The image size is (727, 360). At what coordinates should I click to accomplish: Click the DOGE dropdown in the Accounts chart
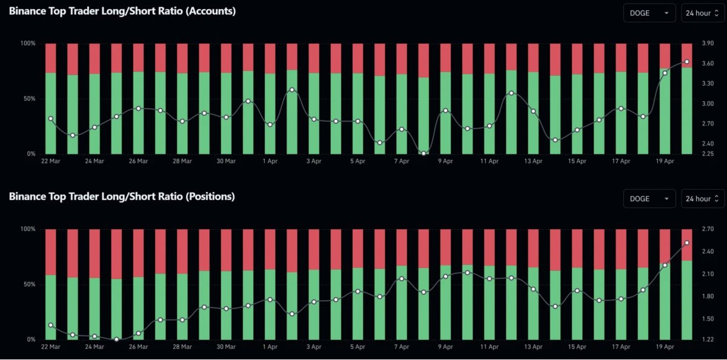pyautogui.click(x=649, y=13)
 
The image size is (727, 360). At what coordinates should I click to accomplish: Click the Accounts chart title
pyautogui.click(x=122, y=11)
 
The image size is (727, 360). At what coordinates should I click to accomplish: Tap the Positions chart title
pyautogui.click(x=121, y=196)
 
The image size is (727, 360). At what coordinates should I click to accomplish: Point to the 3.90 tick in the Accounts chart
pyautogui.click(x=706, y=44)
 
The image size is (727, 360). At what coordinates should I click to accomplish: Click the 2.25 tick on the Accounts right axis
pyautogui.click(x=706, y=154)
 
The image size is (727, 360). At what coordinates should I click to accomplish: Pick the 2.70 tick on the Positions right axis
pyautogui.click(x=706, y=229)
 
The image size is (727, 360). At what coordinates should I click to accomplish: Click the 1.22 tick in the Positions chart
pyautogui.click(x=706, y=339)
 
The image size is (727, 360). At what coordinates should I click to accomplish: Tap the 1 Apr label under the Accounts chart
pyautogui.click(x=270, y=162)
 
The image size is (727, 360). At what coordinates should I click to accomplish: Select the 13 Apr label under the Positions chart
pyautogui.click(x=533, y=347)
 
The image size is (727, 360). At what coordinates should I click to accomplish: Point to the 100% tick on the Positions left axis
pyautogui.click(x=28, y=229)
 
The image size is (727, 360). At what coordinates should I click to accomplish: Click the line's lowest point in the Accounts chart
pyautogui.click(x=423, y=153)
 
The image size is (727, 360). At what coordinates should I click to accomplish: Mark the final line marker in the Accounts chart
pyautogui.click(x=686, y=62)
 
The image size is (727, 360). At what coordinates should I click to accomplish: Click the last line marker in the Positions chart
pyautogui.click(x=686, y=243)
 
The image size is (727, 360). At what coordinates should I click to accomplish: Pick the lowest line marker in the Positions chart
pyautogui.click(x=116, y=339)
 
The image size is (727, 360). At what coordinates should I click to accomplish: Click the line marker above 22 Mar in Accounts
pyautogui.click(x=51, y=119)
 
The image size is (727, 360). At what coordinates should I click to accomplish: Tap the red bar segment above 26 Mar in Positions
pyautogui.click(x=138, y=253)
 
